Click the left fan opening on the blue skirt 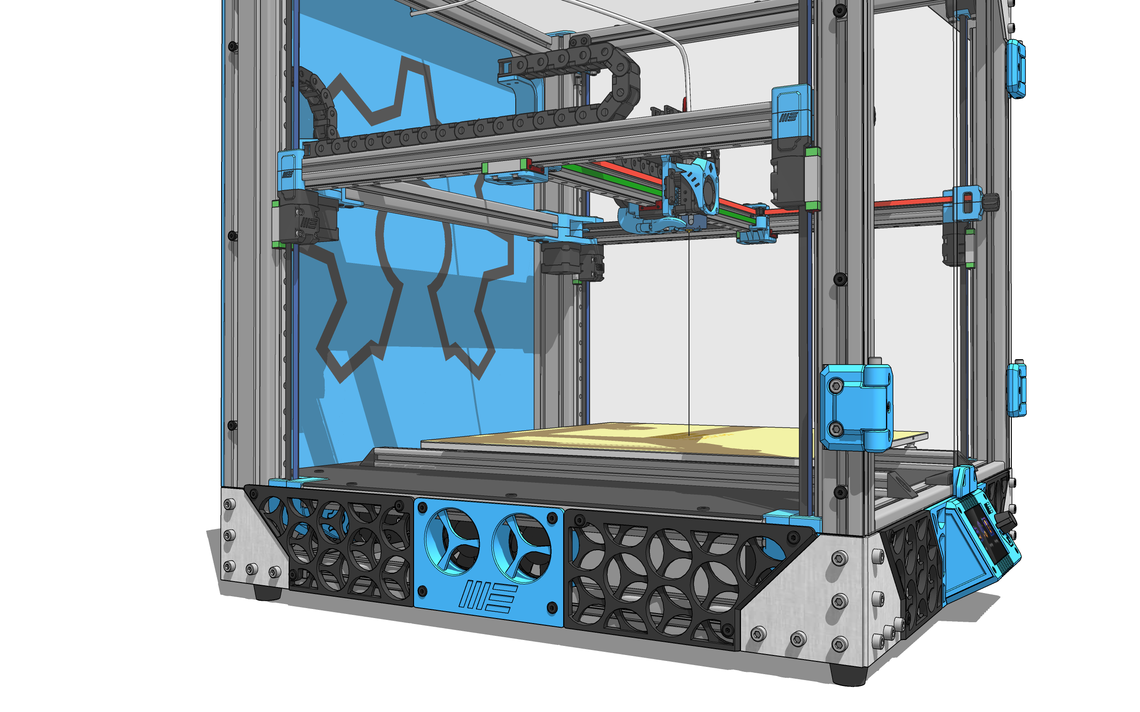[x=451, y=542]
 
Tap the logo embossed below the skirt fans [x=487, y=596]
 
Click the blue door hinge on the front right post [x=856, y=408]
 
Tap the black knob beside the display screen [x=1006, y=521]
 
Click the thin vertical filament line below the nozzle [x=689, y=330]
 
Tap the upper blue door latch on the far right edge [x=1016, y=69]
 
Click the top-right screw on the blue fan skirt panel [x=553, y=518]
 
